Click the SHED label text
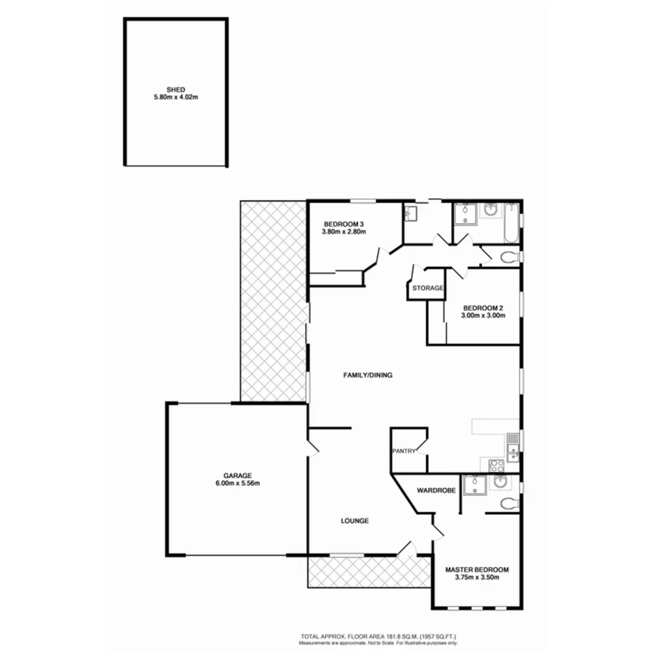(175, 89)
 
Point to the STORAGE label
(428, 289)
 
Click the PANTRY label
(403, 450)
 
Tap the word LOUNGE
(354, 521)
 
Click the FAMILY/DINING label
(368, 375)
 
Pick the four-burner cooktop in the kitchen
(496, 465)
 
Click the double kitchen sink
(513, 447)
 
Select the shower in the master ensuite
(475, 485)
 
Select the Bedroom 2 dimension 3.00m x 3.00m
(482, 315)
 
